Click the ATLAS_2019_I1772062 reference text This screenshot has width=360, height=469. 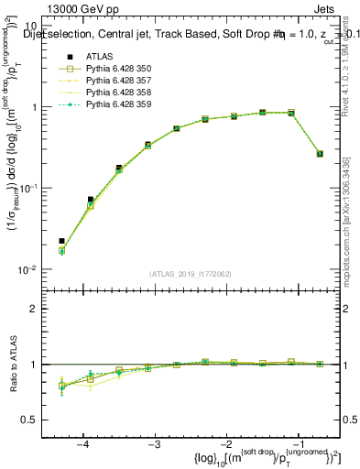pyautogui.click(x=191, y=274)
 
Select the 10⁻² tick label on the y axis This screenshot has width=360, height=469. pyautogui.click(x=30, y=269)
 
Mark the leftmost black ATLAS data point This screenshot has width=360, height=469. pyautogui.click(x=61, y=241)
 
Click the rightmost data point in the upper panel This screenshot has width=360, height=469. pyautogui.click(x=320, y=154)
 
